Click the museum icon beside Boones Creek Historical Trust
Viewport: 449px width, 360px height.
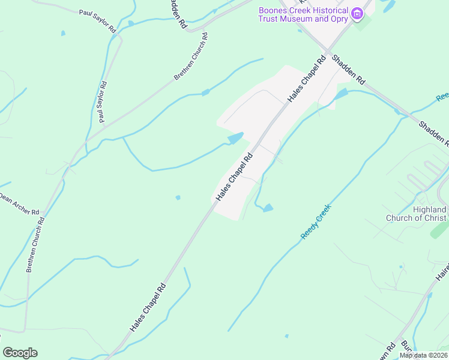(x=358, y=13)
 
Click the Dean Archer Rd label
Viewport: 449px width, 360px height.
(x=19, y=204)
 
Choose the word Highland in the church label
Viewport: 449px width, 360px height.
(x=430, y=209)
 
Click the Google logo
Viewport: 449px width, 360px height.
(x=20, y=353)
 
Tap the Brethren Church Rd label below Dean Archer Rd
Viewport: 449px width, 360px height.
(x=35, y=245)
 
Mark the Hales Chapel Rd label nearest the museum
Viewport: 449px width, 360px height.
(x=306, y=79)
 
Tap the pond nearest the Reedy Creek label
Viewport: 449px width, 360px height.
(x=268, y=208)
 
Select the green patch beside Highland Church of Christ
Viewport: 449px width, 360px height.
(x=439, y=230)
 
